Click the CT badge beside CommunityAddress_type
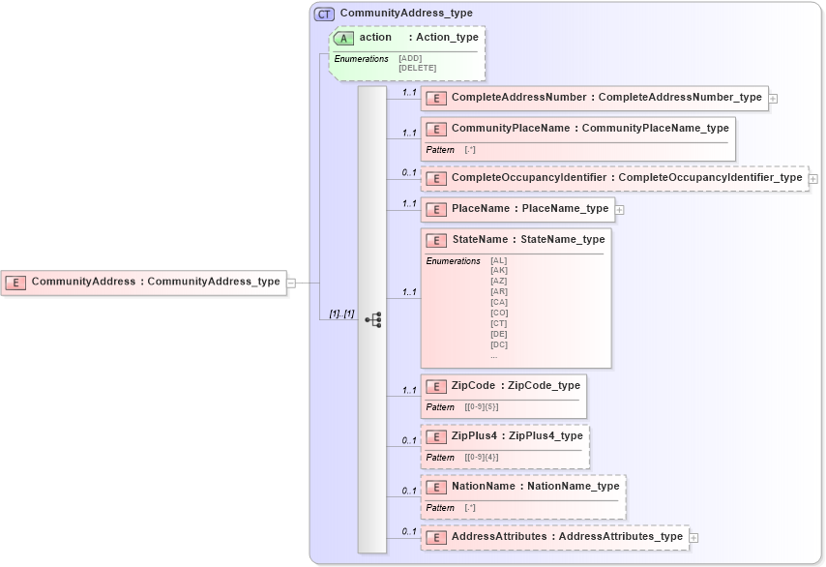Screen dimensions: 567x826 (324, 14)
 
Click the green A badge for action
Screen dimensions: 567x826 (344, 38)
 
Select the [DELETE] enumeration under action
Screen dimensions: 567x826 (417, 68)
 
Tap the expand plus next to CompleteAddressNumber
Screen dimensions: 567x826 (774, 98)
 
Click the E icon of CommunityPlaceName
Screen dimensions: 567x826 (436, 129)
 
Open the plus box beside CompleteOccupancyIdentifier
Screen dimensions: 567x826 (813, 178)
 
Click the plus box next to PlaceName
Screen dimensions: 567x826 (620, 209)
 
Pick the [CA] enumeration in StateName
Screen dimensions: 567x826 (498, 302)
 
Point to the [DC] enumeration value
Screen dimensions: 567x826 (498, 344)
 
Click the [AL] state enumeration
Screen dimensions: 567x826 (498, 260)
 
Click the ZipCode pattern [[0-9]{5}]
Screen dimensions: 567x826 (482, 407)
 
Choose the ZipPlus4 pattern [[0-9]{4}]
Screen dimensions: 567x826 (482, 458)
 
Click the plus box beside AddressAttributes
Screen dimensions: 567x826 (693, 537)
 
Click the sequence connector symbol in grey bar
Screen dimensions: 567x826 (372, 319)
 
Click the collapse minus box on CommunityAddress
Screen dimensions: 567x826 (290, 283)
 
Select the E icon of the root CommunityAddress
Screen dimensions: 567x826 (15, 283)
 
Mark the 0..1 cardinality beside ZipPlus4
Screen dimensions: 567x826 (409, 440)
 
